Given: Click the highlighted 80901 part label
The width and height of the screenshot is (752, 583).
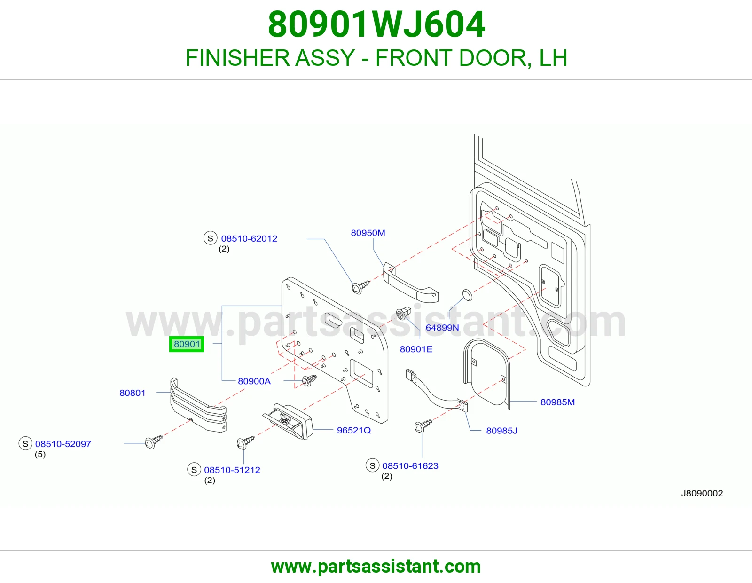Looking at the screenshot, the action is (x=187, y=344).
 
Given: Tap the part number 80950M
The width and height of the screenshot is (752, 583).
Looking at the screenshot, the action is (x=368, y=233).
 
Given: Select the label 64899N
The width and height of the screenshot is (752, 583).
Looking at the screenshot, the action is (x=442, y=328).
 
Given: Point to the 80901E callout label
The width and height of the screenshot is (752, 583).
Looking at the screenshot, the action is (x=416, y=349).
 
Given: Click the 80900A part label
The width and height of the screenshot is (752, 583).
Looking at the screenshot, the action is (x=254, y=381).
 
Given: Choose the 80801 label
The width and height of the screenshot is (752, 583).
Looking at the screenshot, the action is (x=132, y=393).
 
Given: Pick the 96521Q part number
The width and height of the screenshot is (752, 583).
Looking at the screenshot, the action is (x=354, y=430).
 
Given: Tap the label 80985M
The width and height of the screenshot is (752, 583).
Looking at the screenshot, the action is (x=557, y=402).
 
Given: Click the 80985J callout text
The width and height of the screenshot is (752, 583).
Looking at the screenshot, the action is (x=501, y=431).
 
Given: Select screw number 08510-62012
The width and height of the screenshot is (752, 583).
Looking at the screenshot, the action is (x=249, y=238).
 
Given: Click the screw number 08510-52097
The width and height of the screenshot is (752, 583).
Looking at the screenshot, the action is (x=63, y=444).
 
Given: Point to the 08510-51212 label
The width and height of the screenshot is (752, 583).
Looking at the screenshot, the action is (x=232, y=470).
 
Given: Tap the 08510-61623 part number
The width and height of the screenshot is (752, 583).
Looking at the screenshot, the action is (x=410, y=465).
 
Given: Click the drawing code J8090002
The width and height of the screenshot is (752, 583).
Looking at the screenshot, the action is (x=702, y=493).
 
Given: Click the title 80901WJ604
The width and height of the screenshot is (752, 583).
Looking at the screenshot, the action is (x=376, y=24).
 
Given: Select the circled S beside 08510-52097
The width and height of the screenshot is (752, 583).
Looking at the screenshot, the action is (x=25, y=443).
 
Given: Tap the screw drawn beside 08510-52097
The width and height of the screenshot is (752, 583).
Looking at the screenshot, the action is (x=153, y=441).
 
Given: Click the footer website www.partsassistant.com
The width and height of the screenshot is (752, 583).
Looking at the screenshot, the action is (x=376, y=567).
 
